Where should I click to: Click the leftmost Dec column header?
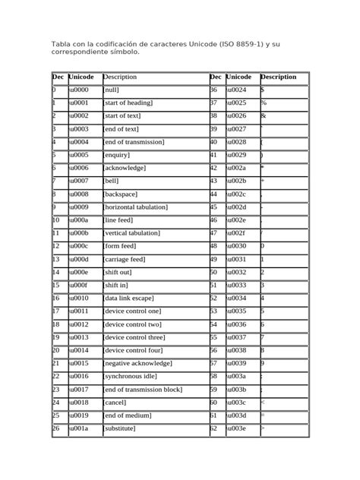[x=58, y=77]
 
